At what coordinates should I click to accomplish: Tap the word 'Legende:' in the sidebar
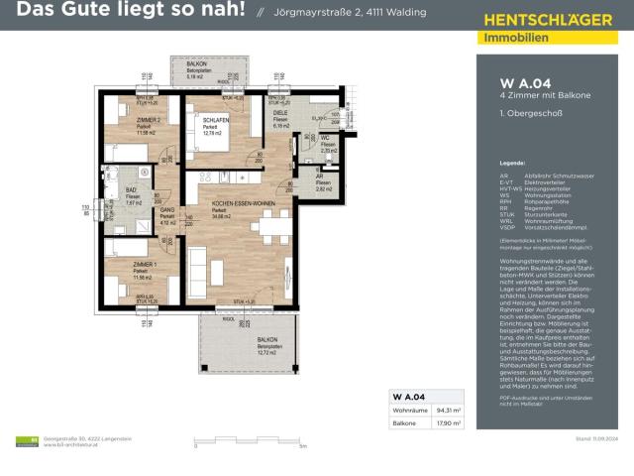tap(512, 161)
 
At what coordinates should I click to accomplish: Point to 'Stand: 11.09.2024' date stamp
tap(596, 438)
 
